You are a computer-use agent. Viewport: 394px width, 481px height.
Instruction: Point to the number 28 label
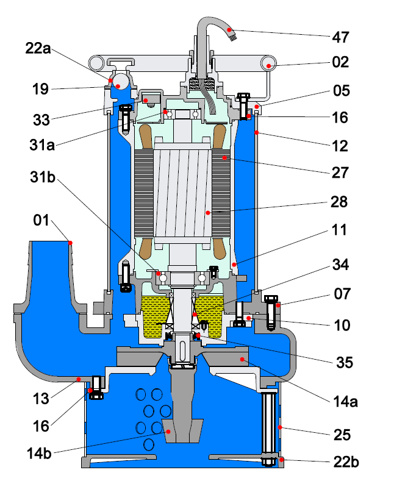[x=340, y=202]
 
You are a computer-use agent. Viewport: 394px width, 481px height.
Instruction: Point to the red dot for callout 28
[x=207, y=213]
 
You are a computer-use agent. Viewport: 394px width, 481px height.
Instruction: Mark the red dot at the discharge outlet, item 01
[x=70, y=242]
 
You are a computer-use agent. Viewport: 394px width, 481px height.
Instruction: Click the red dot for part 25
[x=279, y=427]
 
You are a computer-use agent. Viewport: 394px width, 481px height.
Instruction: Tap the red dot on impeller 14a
[x=243, y=360]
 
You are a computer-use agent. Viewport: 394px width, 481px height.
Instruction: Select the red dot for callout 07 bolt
[x=278, y=304]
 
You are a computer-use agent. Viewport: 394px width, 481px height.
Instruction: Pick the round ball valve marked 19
[x=121, y=80]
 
